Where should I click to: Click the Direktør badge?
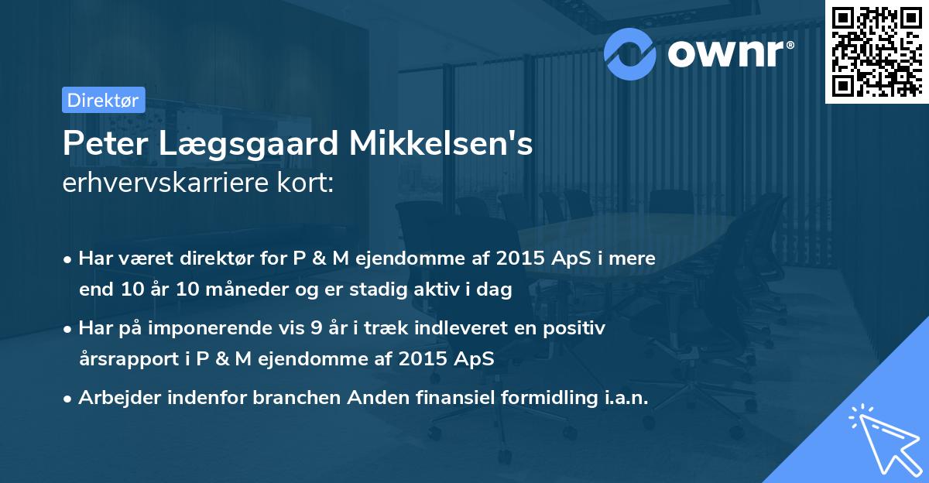tap(102, 100)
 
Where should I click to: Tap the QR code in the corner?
tap(876, 51)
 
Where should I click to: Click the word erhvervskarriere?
tap(159, 184)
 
